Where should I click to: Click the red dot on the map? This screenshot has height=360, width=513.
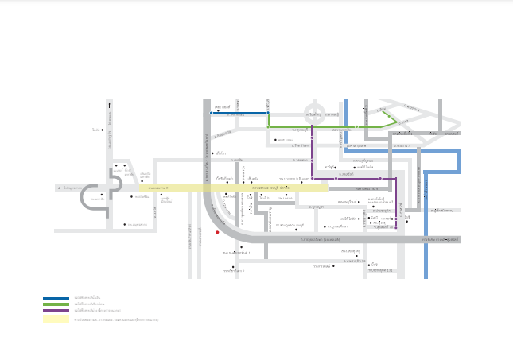pos(217,233)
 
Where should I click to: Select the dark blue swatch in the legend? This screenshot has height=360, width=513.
pos(56,299)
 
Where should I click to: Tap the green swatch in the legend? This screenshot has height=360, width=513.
pos(56,304)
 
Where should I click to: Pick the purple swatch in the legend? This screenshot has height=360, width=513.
pos(56,310)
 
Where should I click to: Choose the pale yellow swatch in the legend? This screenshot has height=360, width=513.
pos(56,319)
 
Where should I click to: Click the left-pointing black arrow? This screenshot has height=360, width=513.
pos(59,188)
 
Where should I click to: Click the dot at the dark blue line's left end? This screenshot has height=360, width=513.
pos(212,113)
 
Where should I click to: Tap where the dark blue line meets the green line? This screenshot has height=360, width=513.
pos(269,113)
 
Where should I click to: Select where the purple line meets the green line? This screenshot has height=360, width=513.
pos(312,126)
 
